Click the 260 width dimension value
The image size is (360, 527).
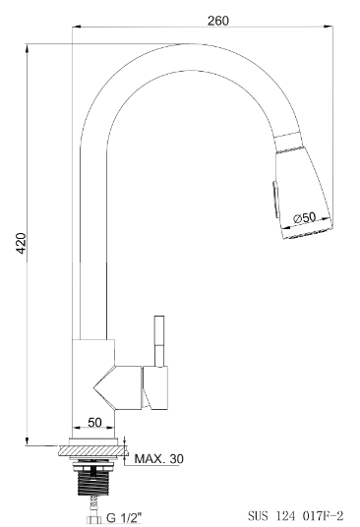(x=217, y=21)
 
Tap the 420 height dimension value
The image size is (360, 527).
(x=21, y=243)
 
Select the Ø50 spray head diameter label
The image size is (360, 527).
(x=305, y=217)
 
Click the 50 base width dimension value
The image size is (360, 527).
(x=94, y=423)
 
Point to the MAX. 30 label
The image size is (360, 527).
(x=159, y=458)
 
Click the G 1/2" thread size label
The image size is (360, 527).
(x=124, y=517)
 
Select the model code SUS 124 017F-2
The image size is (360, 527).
(x=296, y=515)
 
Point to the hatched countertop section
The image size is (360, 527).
(x=93, y=450)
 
